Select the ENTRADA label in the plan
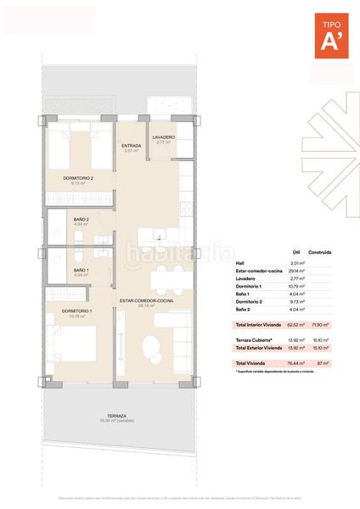point(131,146)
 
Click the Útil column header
point(296,252)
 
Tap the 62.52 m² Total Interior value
point(296,326)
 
